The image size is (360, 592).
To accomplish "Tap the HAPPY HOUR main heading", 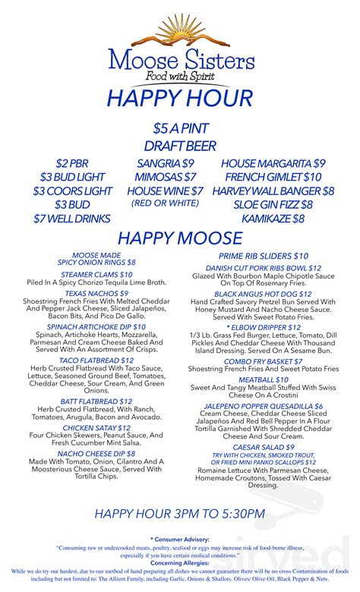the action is click(179, 99).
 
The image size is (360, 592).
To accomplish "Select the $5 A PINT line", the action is click(179, 128).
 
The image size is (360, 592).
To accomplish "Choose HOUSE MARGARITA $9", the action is click(273, 164).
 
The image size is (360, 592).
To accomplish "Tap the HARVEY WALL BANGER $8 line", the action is click(273, 191).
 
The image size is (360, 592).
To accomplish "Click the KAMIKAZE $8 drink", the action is click(273, 219).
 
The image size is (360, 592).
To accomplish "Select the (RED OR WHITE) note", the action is click(165, 203).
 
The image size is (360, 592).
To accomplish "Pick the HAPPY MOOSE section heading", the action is click(179, 238).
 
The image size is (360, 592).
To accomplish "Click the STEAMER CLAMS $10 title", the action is click(96, 275).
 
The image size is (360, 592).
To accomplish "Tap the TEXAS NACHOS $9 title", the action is click(96, 293).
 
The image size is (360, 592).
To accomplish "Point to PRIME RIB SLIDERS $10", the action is click(264, 257).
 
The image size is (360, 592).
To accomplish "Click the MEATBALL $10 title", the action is click(264, 379).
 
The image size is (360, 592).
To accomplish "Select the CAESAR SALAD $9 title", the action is click(264, 448).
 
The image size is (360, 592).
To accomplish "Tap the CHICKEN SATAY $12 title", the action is click(96, 428).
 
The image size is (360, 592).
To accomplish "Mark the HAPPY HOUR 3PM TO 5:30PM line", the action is click(179, 515).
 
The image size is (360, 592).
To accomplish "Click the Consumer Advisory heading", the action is click(179, 538).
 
